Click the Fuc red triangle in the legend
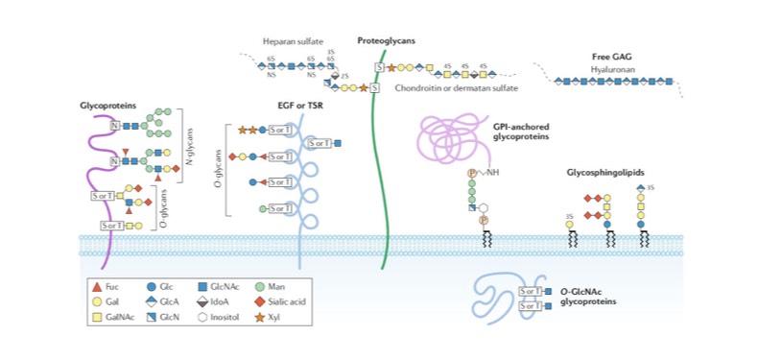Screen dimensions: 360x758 [98, 286]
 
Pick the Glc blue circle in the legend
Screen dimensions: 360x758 [153, 286]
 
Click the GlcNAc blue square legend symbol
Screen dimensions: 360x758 [203, 286]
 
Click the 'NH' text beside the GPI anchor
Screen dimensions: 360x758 [494, 173]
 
